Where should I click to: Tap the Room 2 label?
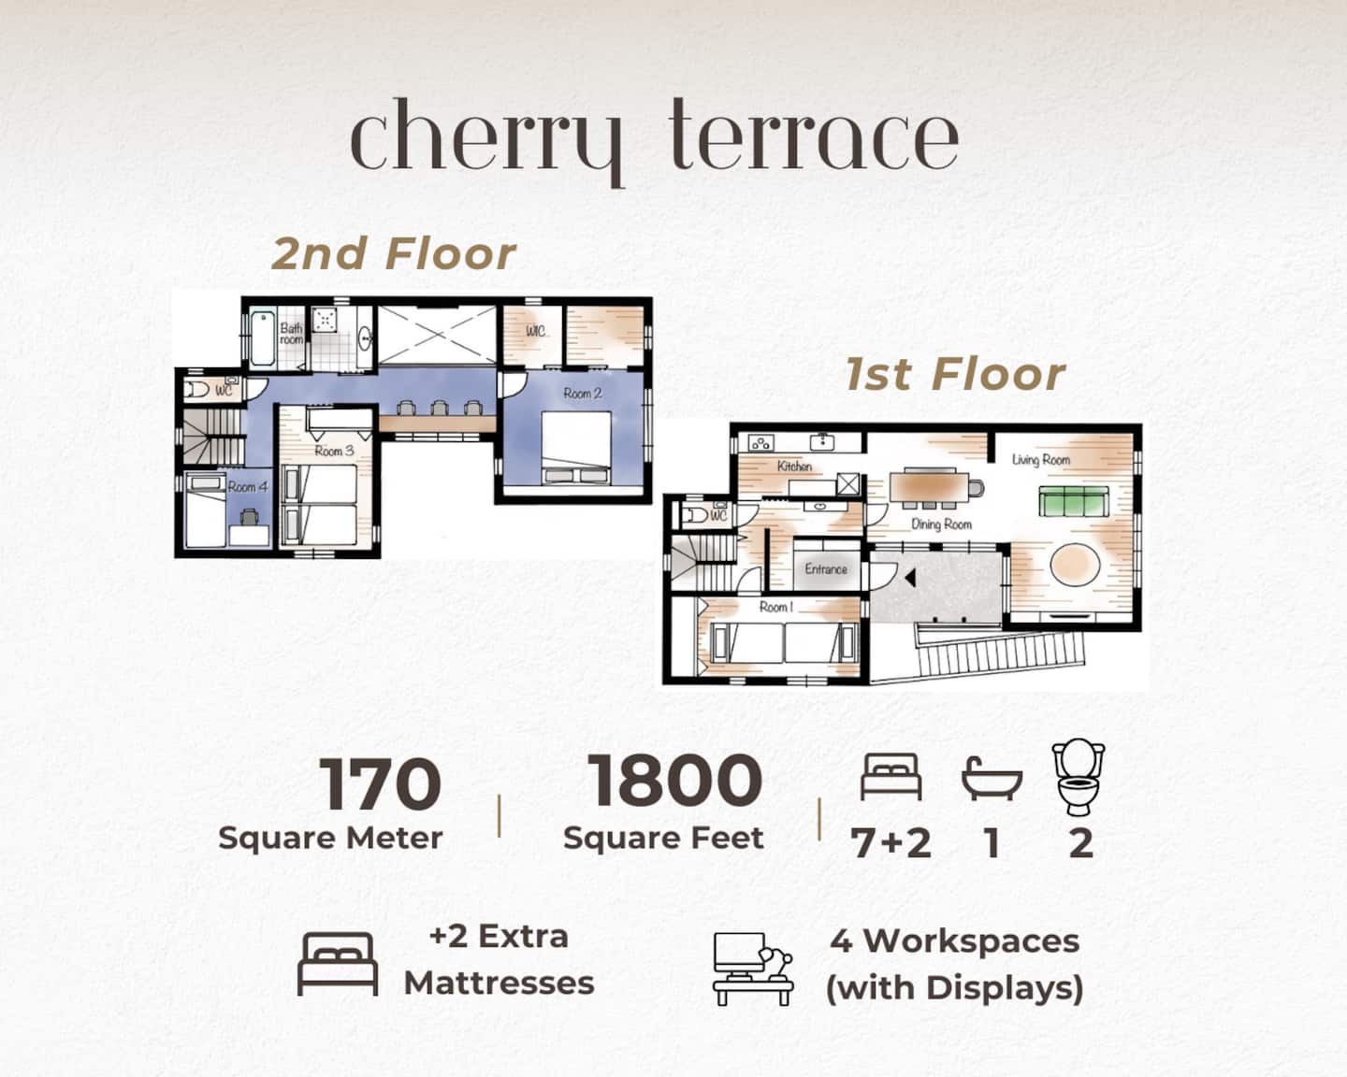click(x=582, y=394)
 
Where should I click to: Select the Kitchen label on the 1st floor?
click(x=794, y=467)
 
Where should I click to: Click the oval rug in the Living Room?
click(x=1075, y=565)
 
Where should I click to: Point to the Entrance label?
click(x=826, y=568)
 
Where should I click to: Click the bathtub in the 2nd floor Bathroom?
click(x=263, y=338)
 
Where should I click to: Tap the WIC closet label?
click(x=535, y=331)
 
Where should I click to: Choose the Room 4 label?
click(x=248, y=487)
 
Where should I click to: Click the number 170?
click(x=381, y=783)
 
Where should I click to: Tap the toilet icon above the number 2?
click(x=1079, y=777)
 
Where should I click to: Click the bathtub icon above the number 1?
click(x=992, y=778)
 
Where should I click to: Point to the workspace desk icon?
click(x=753, y=969)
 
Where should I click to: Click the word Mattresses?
click(x=499, y=984)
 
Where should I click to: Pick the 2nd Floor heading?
click(x=394, y=254)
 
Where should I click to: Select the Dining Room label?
click(x=941, y=524)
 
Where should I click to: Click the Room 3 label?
click(x=334, y=451)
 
